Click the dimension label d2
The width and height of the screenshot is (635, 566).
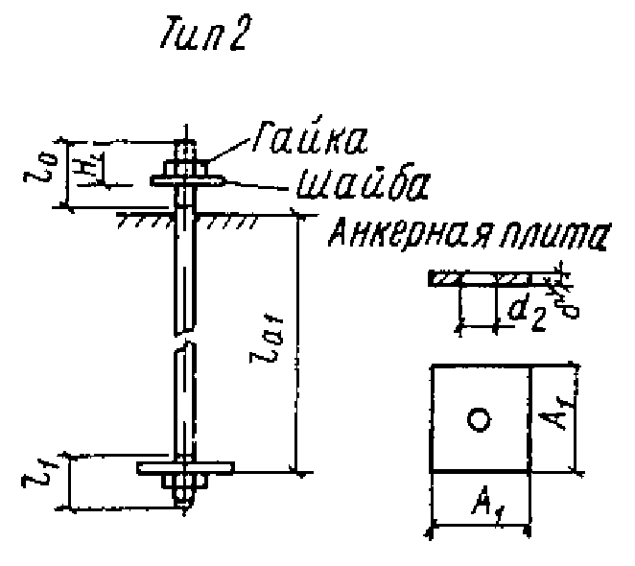click(523, 312)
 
